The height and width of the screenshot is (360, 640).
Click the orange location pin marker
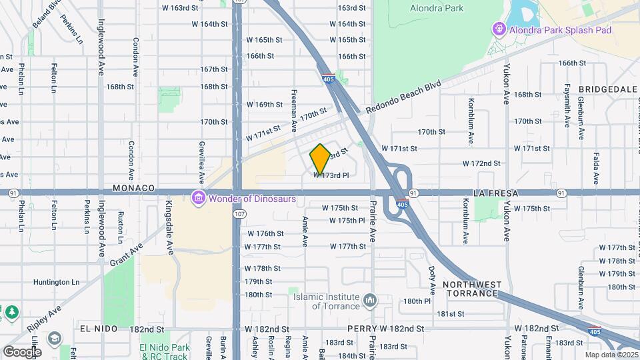click(320, 159)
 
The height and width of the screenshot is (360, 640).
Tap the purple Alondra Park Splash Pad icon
click(498, 29)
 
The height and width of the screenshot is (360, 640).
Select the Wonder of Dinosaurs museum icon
click(198, 198)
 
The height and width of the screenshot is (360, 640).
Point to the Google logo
click(21, 351)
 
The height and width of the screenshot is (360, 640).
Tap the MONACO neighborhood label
click(133, 189)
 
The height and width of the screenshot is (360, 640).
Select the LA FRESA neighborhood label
click(496, 193)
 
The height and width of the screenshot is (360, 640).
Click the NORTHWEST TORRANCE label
click(472, 289)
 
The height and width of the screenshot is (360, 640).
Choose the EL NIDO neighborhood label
click(98, 329)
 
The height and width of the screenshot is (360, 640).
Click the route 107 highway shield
click(238, 215)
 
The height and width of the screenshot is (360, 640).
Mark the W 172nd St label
click(481, 163)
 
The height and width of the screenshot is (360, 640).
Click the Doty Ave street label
click(432, 279)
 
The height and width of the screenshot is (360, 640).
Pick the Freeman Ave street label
click(294, 111)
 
